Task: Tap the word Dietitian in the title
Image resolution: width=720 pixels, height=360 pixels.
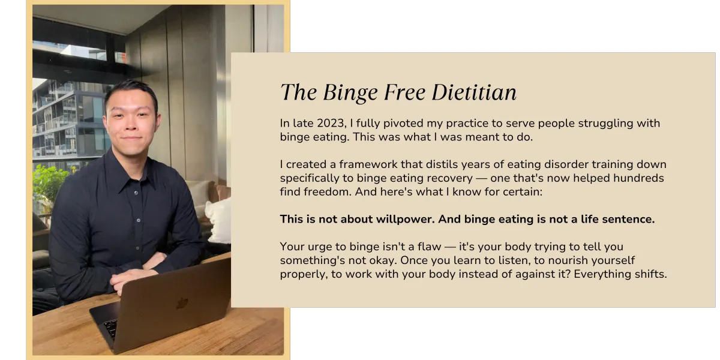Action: coord(474,92)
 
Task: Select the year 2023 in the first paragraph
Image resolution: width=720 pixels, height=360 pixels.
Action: coord(331,124)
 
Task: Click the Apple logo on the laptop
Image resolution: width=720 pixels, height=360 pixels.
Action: coord(182,303)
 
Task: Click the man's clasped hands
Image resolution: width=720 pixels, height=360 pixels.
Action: coord(135,277)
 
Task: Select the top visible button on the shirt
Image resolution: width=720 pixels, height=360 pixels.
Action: coord(136,193)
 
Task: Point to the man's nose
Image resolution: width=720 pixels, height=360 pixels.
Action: coord(130,124)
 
